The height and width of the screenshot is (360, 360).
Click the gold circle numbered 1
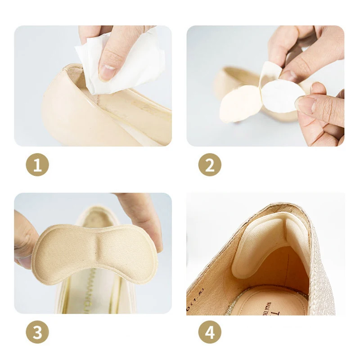pos(37,165)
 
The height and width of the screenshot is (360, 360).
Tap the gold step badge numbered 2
pos(210,165)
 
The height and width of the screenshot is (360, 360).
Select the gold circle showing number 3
pos(37,333)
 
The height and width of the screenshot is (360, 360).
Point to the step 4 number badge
pos(210,333)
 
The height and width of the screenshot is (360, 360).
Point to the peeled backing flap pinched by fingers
pos(270,72)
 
